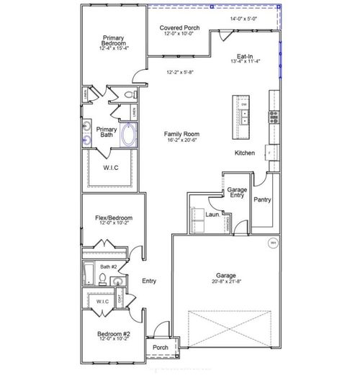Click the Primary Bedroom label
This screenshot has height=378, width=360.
point(114,40)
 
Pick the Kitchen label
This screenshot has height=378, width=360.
point(245,153)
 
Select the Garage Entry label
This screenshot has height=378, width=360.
point(237,192)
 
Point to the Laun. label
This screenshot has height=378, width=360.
point(212,214)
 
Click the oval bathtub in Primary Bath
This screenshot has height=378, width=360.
point(130,135)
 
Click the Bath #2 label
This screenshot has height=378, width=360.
point(110,267)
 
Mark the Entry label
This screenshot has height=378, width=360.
point(149,281)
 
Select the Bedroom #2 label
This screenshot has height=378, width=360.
point(114,333)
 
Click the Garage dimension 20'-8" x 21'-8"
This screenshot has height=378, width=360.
point(227,282)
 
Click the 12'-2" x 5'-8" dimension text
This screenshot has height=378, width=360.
point(180,72)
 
